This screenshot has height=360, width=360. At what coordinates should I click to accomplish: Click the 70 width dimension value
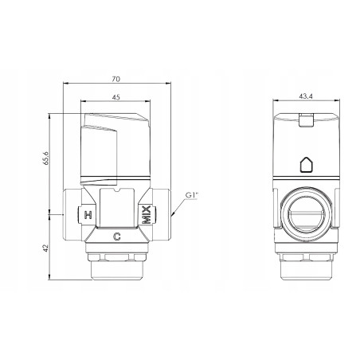[116, 80]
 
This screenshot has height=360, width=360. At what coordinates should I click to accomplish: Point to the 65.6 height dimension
[46, 159]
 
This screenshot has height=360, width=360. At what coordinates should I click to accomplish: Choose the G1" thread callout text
[191, 195]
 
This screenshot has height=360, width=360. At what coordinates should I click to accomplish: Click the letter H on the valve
[88, 215]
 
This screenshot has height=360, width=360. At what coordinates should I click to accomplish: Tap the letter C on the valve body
[117, 236]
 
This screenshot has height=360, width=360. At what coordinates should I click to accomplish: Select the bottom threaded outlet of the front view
[117, 265]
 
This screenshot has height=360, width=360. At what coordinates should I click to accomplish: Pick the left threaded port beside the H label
[67, 214]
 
